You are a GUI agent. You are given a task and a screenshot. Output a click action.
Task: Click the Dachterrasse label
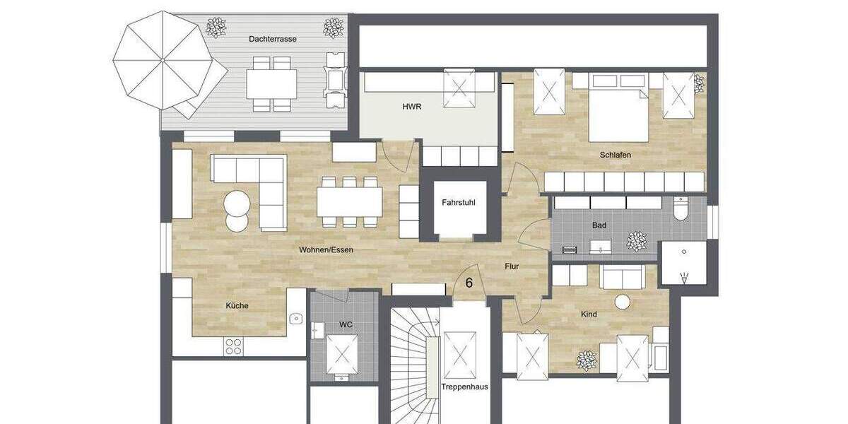[272, 39]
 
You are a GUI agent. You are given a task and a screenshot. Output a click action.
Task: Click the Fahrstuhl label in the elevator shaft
[458, 203]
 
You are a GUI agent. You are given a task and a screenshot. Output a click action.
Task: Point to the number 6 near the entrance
[469, 283]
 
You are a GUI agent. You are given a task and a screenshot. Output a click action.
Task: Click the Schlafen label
[615, 155]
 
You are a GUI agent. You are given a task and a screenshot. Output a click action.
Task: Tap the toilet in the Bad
[681, 209]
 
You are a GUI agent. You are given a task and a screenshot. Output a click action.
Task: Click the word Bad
[599, 225]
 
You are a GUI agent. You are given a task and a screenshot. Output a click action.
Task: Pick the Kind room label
[589, 314]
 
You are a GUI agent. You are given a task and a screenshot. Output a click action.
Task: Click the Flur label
[512, 267]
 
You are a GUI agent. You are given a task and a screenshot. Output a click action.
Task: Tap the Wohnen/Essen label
[326, 250]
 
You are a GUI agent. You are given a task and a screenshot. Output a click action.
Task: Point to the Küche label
[237, 305]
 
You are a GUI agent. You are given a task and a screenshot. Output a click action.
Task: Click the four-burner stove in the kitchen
[233, 346]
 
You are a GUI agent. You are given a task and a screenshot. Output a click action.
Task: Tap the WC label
[346, 324]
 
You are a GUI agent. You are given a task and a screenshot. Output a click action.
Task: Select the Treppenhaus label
[464, 387]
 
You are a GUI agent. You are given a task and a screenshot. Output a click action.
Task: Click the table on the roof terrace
[272, 85]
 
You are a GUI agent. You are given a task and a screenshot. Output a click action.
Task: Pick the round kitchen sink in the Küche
[295, 319]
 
